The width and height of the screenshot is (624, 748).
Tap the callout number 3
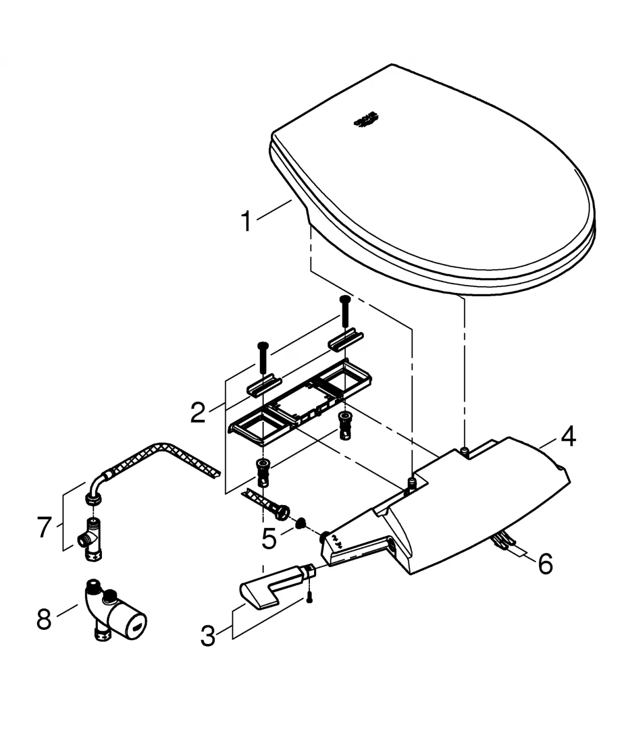click(x=208, y=636)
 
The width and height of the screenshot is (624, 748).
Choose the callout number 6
click(x=544, y=564)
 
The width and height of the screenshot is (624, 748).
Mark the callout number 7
click(x=45, y=527)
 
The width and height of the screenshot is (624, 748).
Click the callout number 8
click(x=44, y=620)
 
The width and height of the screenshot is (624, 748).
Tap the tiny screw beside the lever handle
click(x=310, y=598)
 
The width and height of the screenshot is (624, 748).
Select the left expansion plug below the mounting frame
click(x=263, y=471)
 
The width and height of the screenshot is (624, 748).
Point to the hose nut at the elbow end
click(x=93, y=500)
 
